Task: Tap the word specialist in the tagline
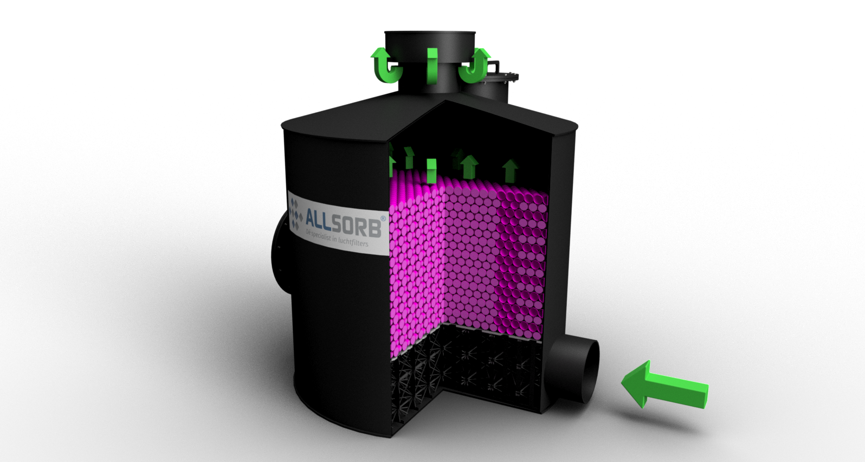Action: point(325,237)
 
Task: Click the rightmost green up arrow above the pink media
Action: point(510,170)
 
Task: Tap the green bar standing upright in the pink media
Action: point(431,171)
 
